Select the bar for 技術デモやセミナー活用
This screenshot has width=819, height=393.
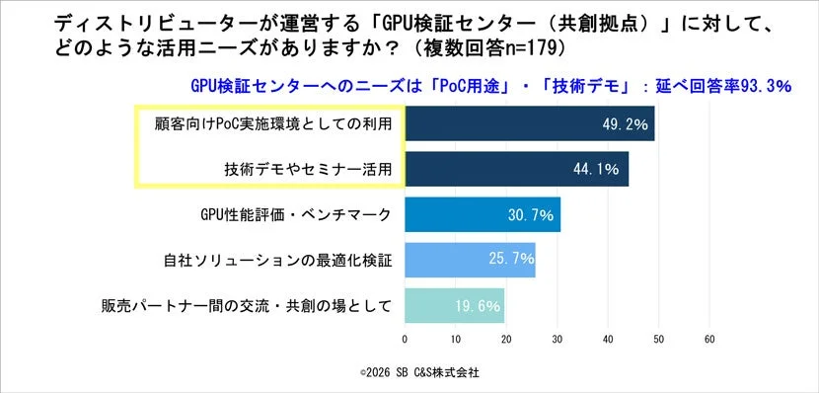516,169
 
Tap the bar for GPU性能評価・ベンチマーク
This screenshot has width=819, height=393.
483,214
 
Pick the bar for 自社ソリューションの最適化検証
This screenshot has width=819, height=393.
470,260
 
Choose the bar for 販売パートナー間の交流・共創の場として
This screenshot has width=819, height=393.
454,305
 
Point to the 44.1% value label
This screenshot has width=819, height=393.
596,170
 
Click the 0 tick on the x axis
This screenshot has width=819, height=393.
405,339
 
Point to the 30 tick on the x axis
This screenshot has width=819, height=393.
557,339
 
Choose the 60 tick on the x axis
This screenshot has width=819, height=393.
708,339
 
